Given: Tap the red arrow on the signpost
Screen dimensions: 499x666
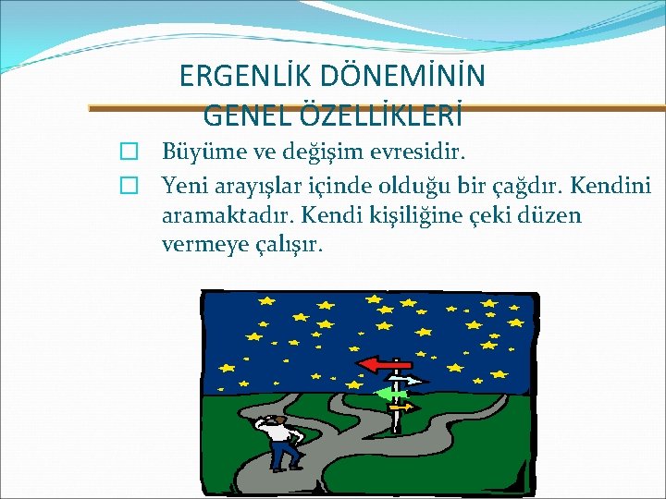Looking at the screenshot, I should pos(379,364).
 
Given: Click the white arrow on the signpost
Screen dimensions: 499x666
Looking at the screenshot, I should pos(406,380).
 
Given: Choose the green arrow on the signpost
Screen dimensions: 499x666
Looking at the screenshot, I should pos(389,394).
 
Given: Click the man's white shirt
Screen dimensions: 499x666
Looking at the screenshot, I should pos(279,431).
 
